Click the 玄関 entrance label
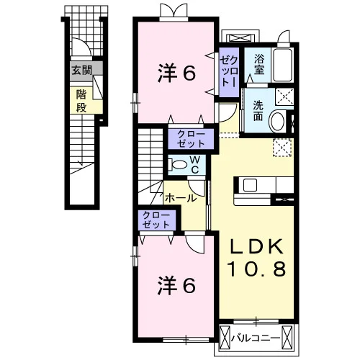click(x=82, y=71)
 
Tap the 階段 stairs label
click(x=81, y=101)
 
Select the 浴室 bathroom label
click(x=259, y=64)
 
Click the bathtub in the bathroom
click(x=282, y=65)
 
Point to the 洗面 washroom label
click(x=258, y=111)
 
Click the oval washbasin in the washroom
click(x=277, y=121)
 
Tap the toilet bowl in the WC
click(x=179, y=165)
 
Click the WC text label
click(x=195, y=164)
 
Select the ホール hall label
click(x=181, y=198)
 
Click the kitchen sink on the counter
click(x=251, y=185)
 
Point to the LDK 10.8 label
click(x=257, y=258)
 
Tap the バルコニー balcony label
click(x=256, y=338)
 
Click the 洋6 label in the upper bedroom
click(x=177, y=73)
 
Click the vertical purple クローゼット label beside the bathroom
click(x=230, y=71)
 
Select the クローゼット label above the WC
click(x=191, y=139)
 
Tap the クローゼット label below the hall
click(x=156, y=220)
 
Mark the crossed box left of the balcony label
click(x=225, y=338)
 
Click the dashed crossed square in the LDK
click(x=282, y=148)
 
